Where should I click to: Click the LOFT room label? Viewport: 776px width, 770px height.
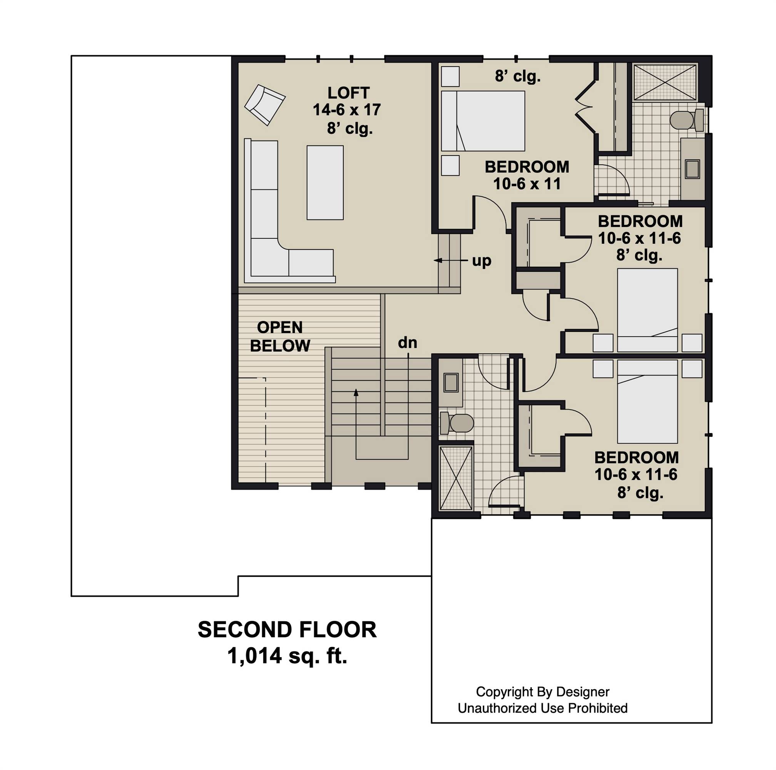click(x=348, y=93)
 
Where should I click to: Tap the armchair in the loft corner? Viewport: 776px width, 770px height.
click(x=265, y=105)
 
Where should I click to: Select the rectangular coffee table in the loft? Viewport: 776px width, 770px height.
click(x=325, y=182)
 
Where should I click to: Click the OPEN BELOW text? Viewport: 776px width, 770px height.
click(x=280, y=336)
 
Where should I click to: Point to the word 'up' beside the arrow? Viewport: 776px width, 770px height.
click(x=481, y=261)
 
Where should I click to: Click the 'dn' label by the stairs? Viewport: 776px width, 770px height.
click(x=407, y=343)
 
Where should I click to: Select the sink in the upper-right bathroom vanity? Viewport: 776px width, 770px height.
click(x=692, y=169)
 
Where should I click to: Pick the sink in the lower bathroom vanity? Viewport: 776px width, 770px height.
click(x=451, y=382)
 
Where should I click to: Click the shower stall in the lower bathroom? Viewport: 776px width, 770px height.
click(x=456, y=478)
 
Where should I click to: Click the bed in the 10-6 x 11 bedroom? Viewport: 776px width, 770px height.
click(x=483, y=121)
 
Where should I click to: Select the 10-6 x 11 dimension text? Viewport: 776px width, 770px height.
click(x=527, y=184)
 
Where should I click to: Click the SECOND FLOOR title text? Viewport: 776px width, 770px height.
click(x=287, y=630)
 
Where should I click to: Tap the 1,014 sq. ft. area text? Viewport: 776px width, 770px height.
click(x=287, y=656)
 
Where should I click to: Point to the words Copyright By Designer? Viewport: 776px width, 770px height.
click(x=542, y=692)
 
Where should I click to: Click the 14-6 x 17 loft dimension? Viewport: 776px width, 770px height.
click(x=347, y=110)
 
